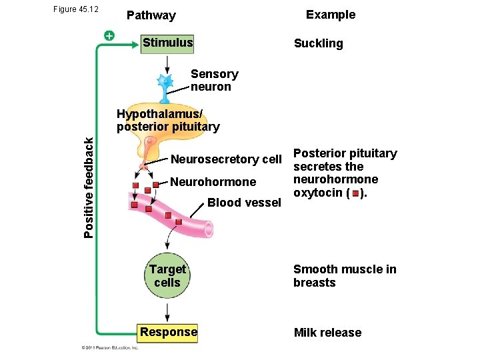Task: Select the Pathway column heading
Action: click(151, 15)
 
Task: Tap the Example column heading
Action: click(330, 15)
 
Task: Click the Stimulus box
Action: click(168, 43)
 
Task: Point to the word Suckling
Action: click(318, 44)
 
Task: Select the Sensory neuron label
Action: click(214, 81)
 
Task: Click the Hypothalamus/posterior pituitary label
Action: click(167, 120)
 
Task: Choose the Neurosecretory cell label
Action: click(227, 159)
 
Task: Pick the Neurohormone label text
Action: click(213, 182)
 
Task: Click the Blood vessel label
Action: click(243, 203)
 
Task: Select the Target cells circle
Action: click(167, 276)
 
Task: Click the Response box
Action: click(168, 332)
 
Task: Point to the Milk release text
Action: click(327, 333)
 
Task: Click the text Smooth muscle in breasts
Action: click(345, 276)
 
